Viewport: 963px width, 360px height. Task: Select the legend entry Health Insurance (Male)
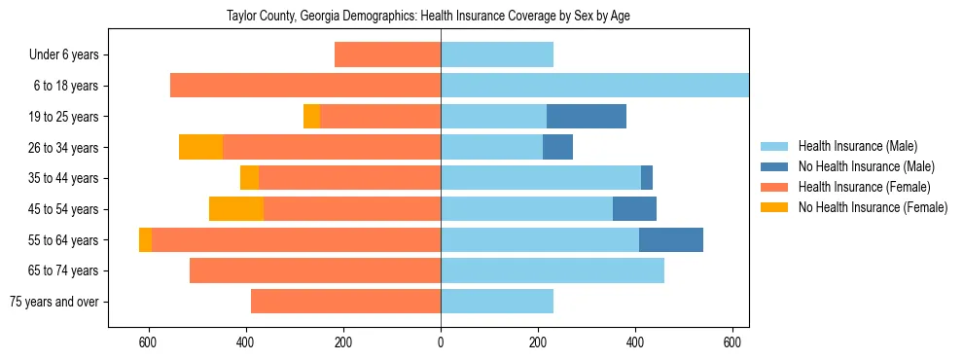(857, 146)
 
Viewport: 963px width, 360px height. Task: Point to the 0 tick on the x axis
(441, 342)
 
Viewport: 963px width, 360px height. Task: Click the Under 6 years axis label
(63, 55)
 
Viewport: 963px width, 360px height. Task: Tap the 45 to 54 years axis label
(63, 209)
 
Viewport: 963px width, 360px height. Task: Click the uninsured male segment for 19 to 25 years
(586, 117)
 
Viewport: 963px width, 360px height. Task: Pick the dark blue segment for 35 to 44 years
(646, 178)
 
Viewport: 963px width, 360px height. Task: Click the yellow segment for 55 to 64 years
(145, 240)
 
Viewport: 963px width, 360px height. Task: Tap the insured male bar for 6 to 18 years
(594, 86)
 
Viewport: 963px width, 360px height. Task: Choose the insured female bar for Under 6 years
(387, 55)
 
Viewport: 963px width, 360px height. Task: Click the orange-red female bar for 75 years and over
(345, 302)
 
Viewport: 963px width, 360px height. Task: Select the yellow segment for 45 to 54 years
(236, 209)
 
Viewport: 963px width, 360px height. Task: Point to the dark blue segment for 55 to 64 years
(670, 240)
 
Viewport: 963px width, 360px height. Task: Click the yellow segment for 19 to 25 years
(311, 117)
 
